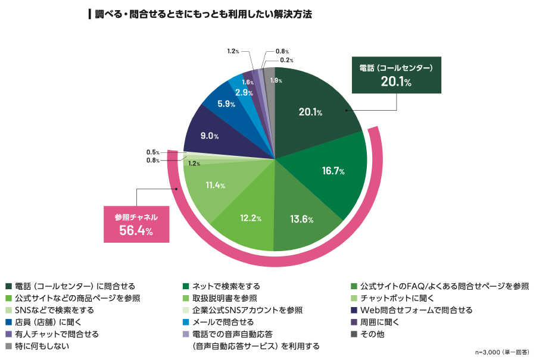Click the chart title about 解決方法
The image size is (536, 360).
click(x=199, y=13)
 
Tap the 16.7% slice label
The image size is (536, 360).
click(x=334, y=171)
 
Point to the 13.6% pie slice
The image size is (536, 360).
click(x=303, y=219)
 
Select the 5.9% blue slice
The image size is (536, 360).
click(x=226, y=104)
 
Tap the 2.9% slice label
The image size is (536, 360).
click(x=242, y=92)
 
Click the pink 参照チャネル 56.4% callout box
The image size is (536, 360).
click(x=136, y=224)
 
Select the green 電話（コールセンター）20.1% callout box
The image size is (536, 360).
click(x=396, y=75)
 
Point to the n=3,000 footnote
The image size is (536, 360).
click(x=501, y=352)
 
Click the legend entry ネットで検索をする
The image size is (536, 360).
click(x=226, y=286)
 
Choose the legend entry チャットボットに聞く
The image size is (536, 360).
click(x=397, y=298)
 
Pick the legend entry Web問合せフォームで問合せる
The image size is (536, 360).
click(x=416, y=310)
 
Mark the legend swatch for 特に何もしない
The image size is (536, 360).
click(x=8, y=346)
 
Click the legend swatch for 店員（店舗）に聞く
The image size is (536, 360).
click(x=8, y=322)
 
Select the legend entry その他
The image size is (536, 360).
click(x=372, y=334)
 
